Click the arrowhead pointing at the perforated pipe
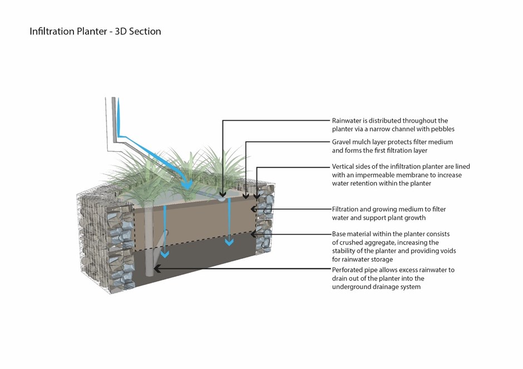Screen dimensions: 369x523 (x=157, y=270)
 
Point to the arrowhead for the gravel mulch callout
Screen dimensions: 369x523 (x=246, y=195)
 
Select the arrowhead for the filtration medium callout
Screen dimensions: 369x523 (x=254, y=210)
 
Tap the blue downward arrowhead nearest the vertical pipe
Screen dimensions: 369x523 (x=164, y=254)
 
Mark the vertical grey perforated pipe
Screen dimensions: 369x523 (x=149, y=245)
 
